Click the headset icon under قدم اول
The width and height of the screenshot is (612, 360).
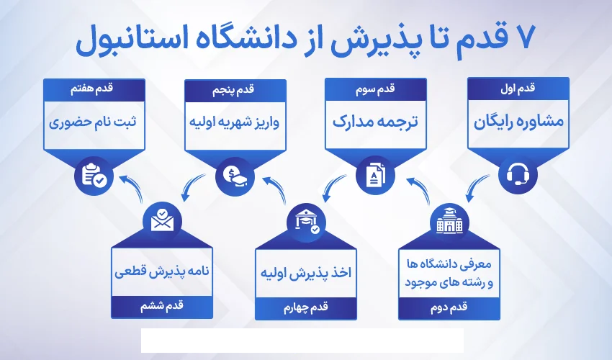[518, 175]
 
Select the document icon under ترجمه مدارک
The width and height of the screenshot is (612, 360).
[376, 175]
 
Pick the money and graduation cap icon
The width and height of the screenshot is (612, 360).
[236, 175]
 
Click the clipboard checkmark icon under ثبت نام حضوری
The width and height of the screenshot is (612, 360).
[94, 175]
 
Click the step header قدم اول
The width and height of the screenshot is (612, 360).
[518, 88]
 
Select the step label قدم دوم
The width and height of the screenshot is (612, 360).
[448, 308]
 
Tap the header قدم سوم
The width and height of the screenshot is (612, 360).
[376, 88]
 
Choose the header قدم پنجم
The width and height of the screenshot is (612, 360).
[236, 88]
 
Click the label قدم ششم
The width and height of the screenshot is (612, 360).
[163, 308]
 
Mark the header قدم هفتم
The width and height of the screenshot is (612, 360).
[94, 88]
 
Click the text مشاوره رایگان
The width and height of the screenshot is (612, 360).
[518, 122]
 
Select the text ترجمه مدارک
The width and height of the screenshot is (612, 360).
[376, 121]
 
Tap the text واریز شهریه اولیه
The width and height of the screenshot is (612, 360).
[236, 121]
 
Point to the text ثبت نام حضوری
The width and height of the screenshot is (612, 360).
[94, 121]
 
